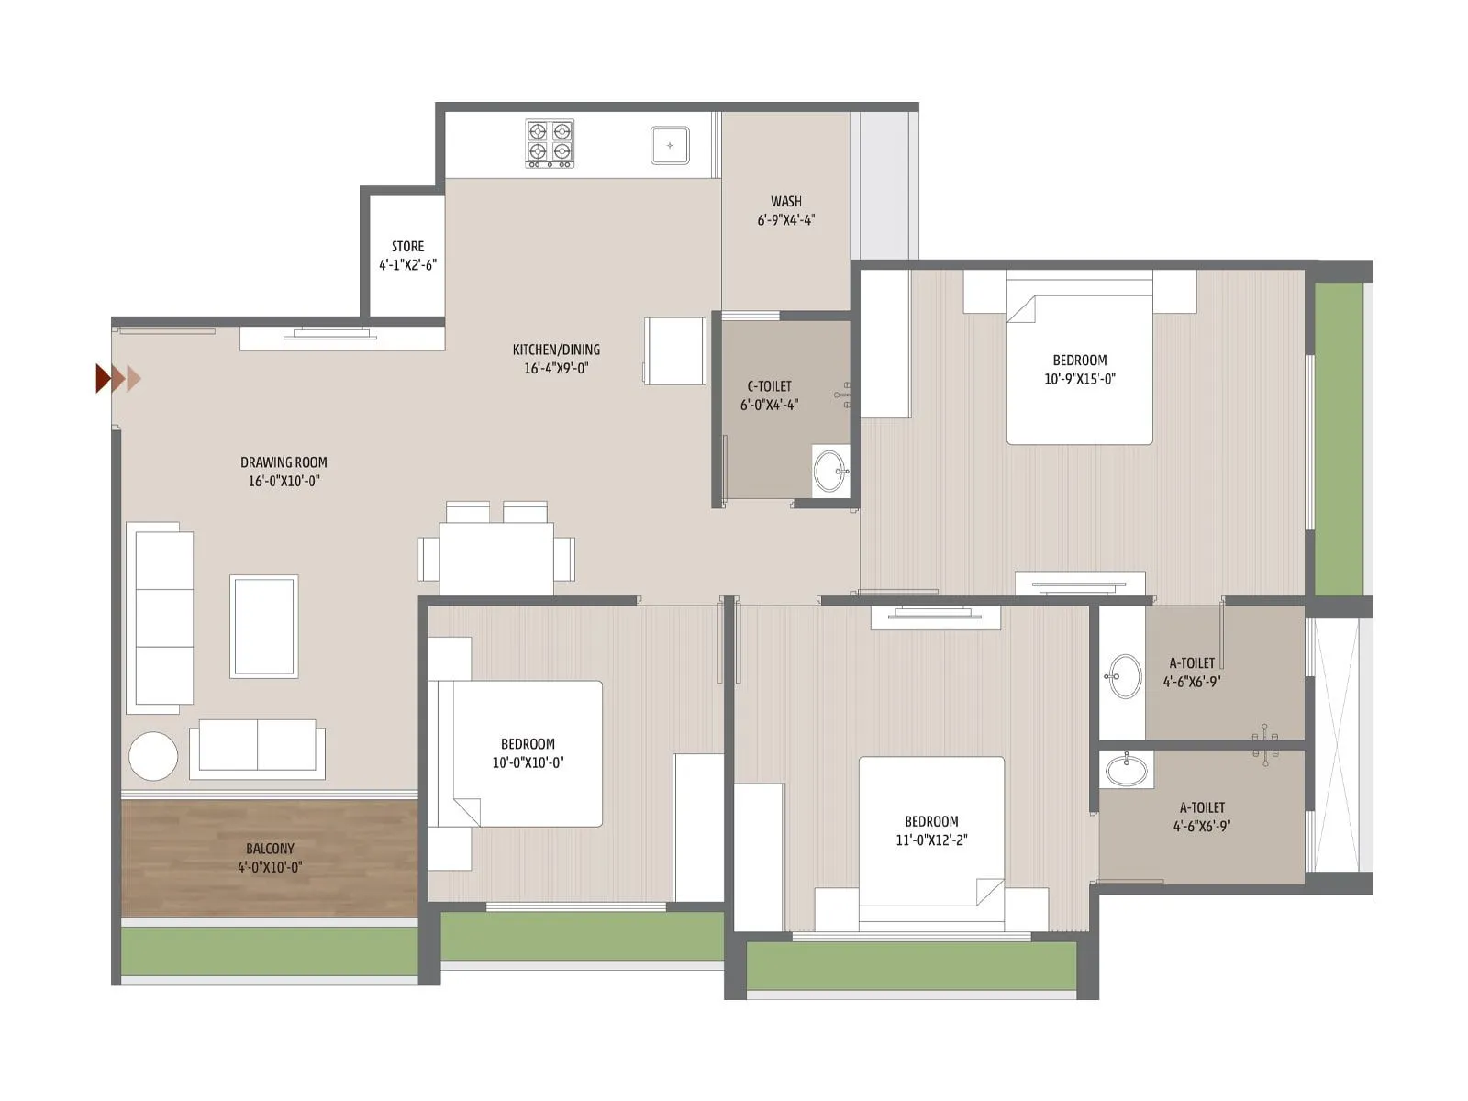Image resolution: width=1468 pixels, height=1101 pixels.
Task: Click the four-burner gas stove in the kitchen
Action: (x=550, y=143)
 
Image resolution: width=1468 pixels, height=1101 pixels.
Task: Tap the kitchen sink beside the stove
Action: (x=670, y=145)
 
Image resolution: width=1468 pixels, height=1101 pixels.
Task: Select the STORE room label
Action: (x=407, y=247)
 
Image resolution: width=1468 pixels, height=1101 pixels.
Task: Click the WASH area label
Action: (x=785, y=202)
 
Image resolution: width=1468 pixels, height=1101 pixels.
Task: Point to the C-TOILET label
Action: (x=769, y=386)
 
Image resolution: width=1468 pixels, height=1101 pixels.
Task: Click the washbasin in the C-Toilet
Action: (x=831, y=471)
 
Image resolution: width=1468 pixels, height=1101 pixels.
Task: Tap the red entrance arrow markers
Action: (x=117, y=378)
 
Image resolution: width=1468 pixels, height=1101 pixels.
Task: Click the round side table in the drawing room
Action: (x=153, y=756)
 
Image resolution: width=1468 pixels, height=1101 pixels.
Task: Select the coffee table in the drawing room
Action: (x=263, y=626)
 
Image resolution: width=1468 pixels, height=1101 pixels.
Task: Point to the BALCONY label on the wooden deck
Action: (x=270, y=849)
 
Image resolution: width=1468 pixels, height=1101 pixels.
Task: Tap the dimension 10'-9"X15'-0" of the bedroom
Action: (x=1079, y=379)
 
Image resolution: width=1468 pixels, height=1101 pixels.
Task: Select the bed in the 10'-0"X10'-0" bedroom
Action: (x=528, y=753)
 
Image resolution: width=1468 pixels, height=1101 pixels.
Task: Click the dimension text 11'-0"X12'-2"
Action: (x=931, y=840)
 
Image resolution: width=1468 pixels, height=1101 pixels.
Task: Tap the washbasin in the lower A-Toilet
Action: (x=1125, y=768)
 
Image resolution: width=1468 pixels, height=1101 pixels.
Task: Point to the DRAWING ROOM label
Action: (x=284, y=462)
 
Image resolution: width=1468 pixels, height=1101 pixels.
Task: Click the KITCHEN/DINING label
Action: (x=556, y=350)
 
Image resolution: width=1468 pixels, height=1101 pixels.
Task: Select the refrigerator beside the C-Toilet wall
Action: (x=674, y=350)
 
